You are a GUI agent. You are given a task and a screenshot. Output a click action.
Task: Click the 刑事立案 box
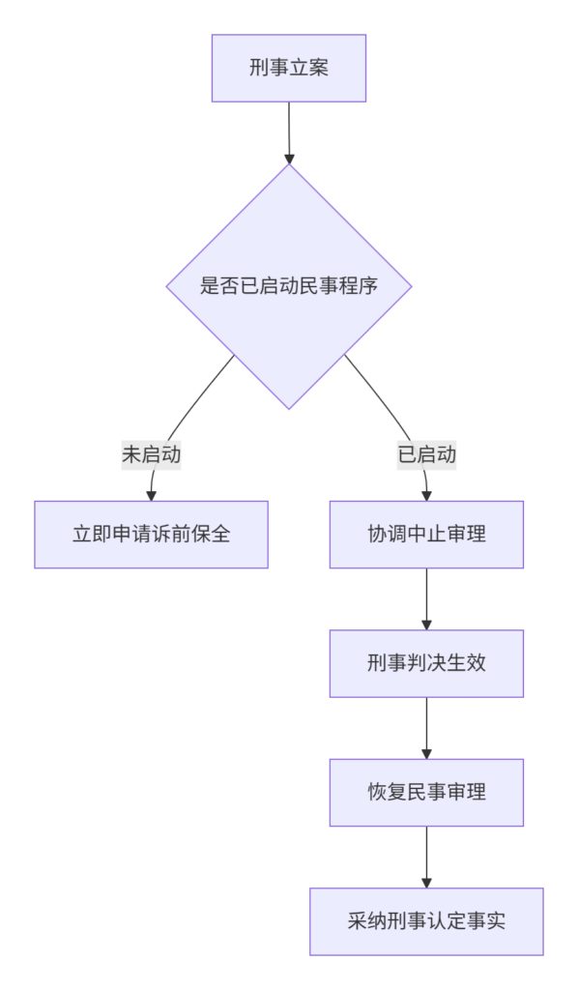coord(289,69)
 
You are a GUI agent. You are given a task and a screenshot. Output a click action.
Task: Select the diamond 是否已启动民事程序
coord(289,286)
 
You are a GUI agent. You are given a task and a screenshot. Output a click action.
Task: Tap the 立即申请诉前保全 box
coord(152,534)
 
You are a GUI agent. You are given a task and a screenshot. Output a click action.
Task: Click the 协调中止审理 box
coord(426,534)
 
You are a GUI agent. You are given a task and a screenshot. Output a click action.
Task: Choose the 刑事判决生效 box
coord(426,663)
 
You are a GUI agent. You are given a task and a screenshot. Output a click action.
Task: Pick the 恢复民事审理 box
coord(426,793)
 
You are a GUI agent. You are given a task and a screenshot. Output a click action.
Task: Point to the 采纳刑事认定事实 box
coord(426,921)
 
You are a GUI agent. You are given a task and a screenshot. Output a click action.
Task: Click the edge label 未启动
coord(152,454)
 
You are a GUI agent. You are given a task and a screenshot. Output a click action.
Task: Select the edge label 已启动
coord(426,454)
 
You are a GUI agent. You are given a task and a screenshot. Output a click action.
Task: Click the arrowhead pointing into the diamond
coord(289,159)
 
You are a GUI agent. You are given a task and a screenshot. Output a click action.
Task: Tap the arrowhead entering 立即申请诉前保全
coord(152,496)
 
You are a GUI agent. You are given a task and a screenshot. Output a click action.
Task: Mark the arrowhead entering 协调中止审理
coord(426,496)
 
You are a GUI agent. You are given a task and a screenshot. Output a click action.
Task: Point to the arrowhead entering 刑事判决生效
coord(426,626)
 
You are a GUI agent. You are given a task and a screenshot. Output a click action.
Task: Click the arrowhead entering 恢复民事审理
coord(426,754)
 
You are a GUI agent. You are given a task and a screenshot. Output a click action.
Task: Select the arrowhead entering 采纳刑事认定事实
coord(426,884)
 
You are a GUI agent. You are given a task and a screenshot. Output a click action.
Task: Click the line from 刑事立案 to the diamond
coord(289,132)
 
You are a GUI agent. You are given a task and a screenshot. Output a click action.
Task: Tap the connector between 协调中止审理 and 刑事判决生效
coord(426,599)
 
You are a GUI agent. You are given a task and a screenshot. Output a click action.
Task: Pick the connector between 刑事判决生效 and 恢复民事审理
coord(426,728)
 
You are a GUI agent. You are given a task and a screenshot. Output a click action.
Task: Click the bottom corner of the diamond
coord(289,409)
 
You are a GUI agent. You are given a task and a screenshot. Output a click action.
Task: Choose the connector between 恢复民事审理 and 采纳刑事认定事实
coord(426,857)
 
